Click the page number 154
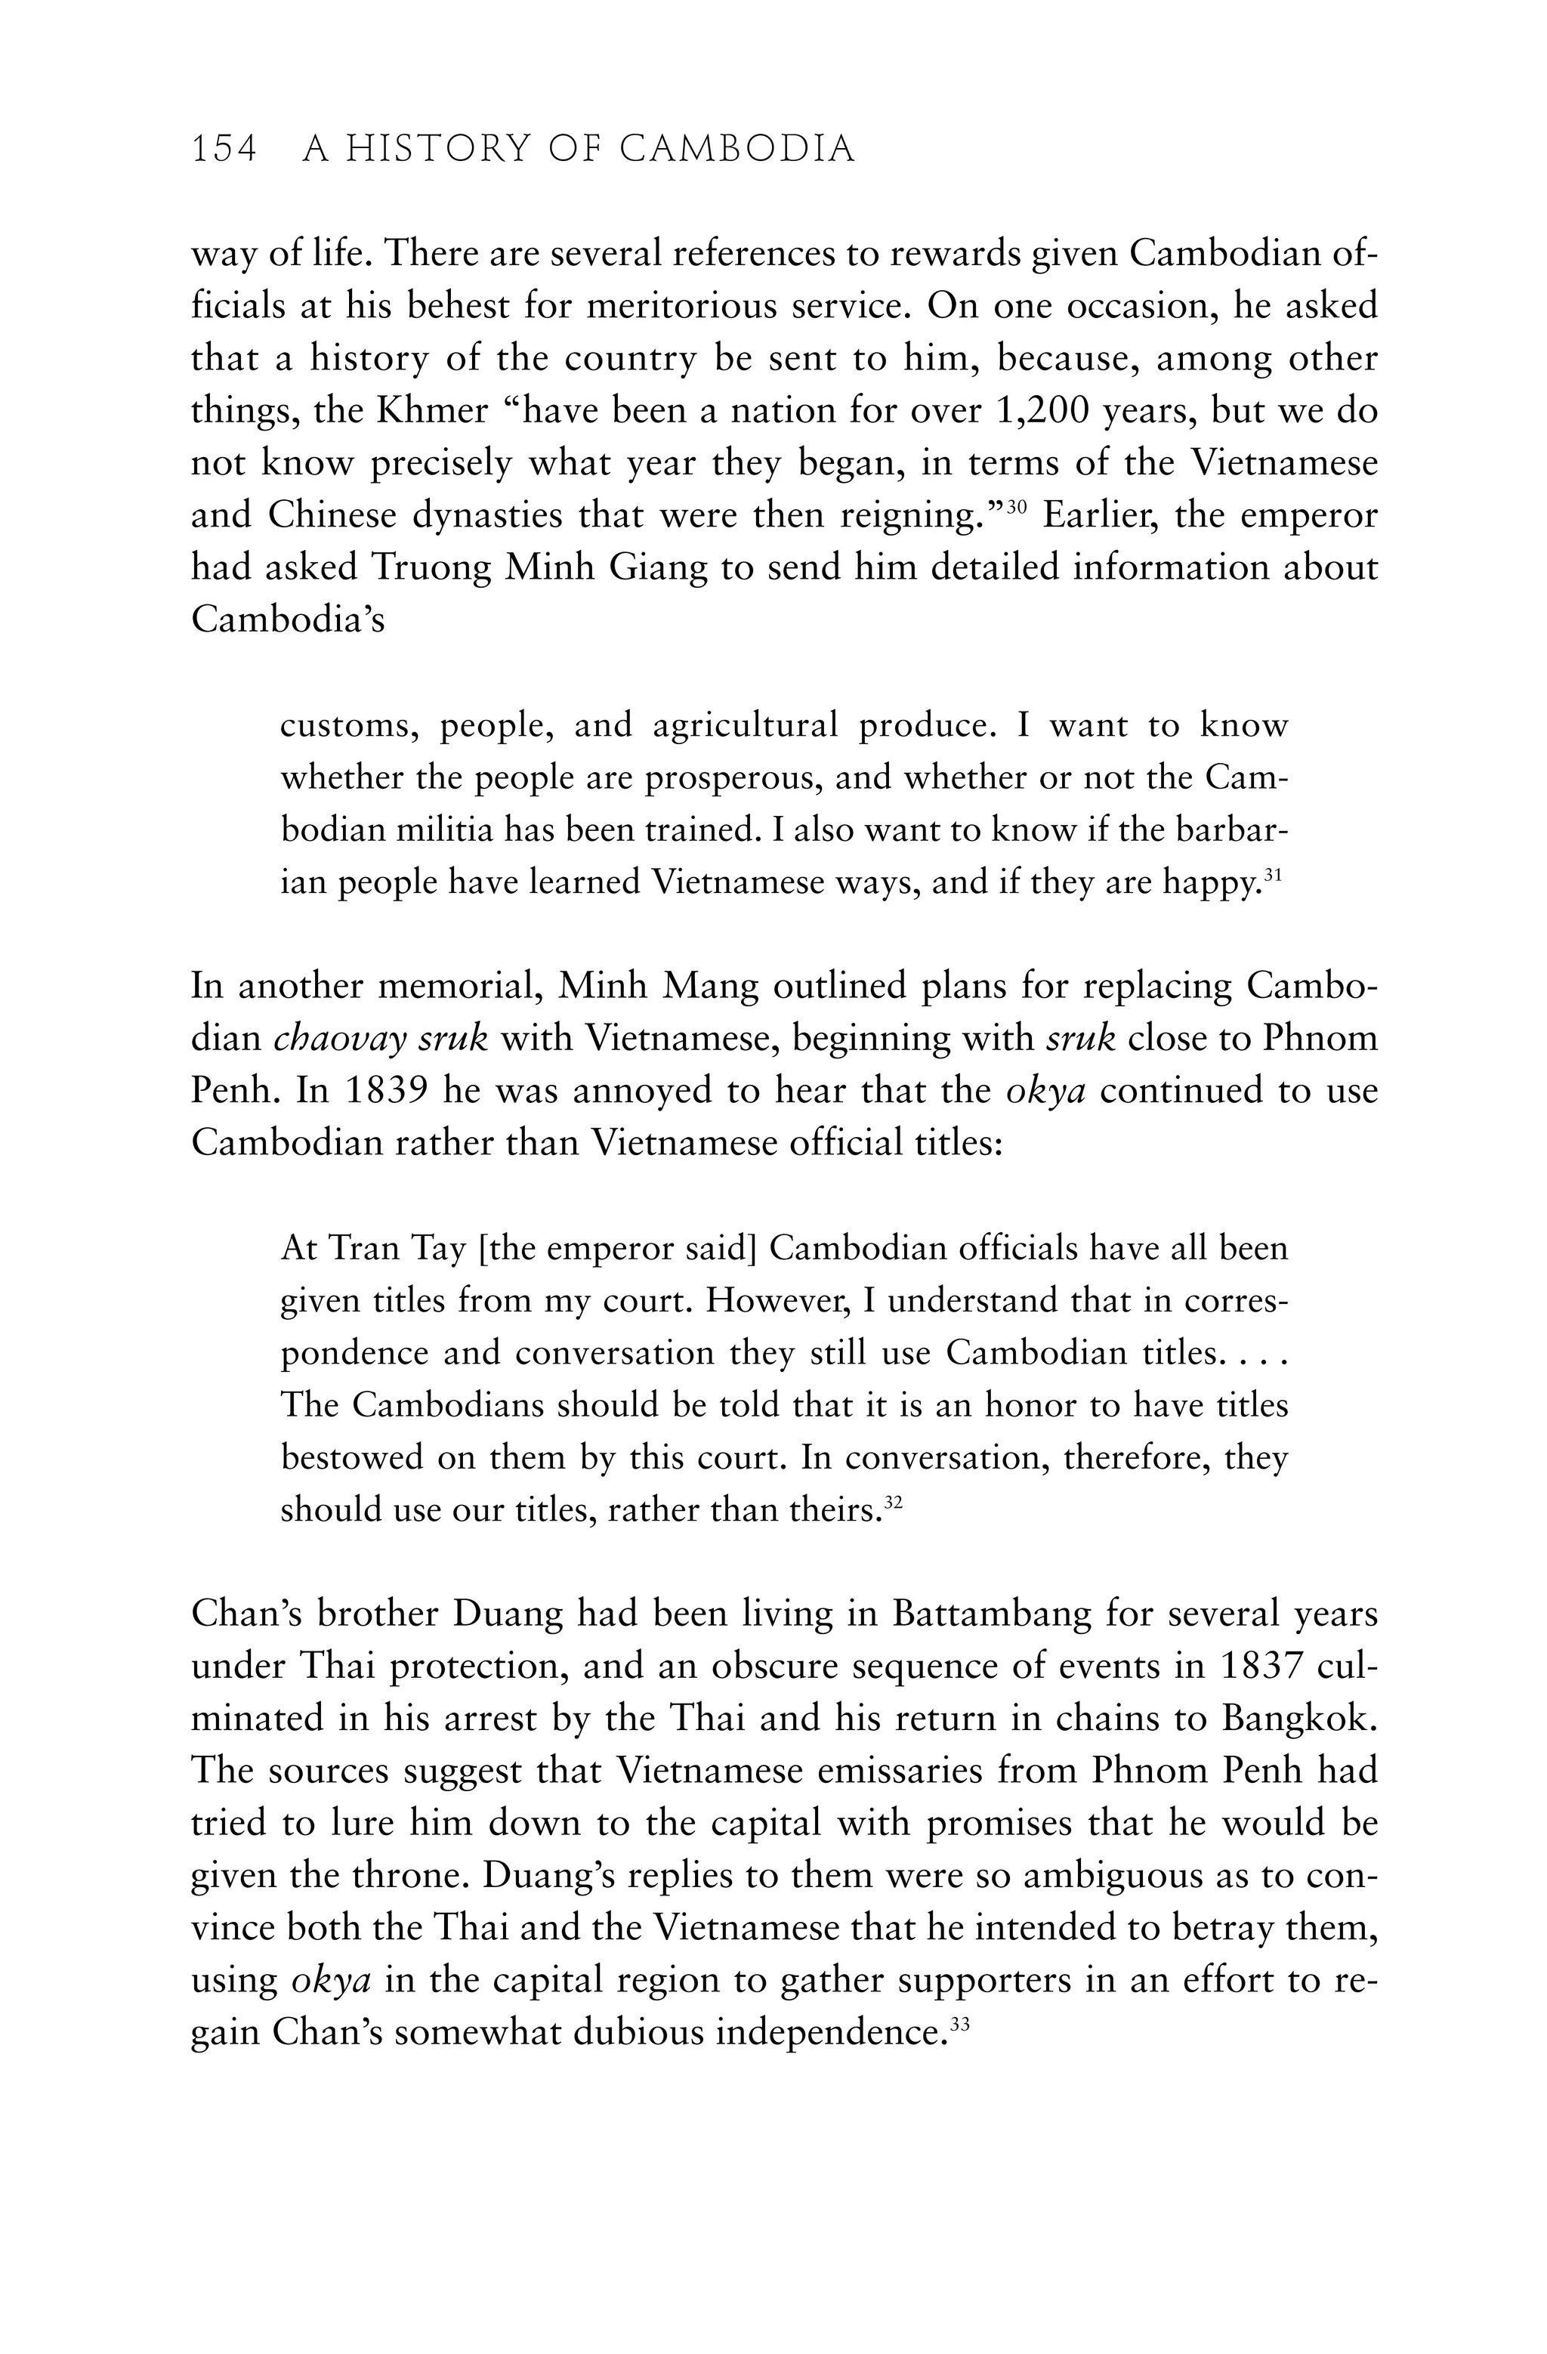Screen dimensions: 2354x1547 224,150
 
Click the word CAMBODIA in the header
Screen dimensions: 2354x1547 737,150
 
